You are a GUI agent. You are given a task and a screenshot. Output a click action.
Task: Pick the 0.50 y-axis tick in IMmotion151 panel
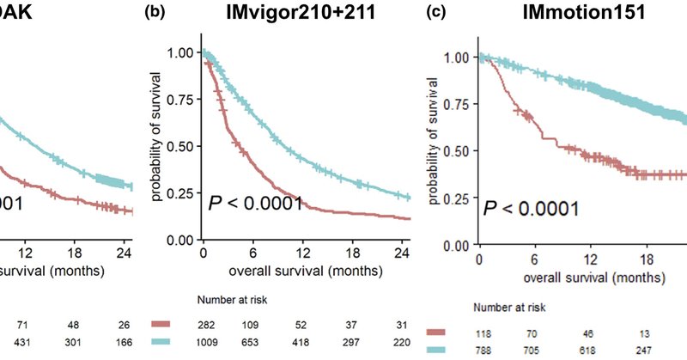pyautogui.click(x=457, y=151)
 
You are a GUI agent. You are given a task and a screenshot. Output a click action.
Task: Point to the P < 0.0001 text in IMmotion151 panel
pyautogui.click(x=530, y=208)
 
